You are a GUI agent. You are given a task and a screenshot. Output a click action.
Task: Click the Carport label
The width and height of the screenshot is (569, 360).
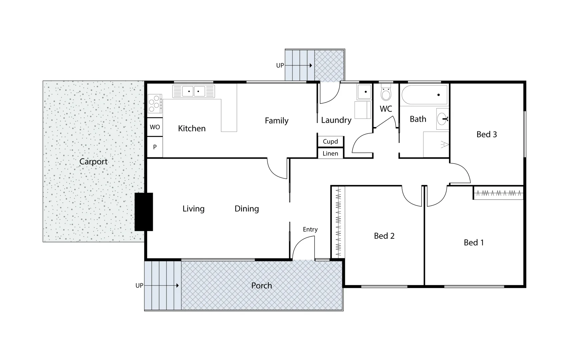pos(93,162)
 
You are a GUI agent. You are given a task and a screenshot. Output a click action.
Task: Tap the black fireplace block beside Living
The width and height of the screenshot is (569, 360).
pos(144,212)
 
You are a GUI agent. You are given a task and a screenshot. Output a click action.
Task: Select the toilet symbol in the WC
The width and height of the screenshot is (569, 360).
pos(386,93)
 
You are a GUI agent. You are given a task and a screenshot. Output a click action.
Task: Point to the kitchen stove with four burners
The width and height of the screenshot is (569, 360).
pos(155,104)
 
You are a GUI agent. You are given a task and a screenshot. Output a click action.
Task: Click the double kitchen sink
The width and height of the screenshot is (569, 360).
pos(193,91)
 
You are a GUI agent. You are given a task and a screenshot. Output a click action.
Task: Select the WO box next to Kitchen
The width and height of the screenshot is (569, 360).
pos(155,127)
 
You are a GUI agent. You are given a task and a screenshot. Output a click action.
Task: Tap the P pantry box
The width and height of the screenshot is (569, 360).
pos(155,147)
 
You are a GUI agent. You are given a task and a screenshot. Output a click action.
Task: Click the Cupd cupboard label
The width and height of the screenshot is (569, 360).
pos(330,141)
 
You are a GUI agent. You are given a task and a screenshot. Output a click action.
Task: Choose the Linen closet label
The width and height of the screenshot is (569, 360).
pos(330,153)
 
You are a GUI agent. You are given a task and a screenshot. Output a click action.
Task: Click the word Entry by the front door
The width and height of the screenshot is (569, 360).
pos(310,229)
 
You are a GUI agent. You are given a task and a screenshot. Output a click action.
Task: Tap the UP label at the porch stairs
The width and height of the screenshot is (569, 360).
pos(139,286)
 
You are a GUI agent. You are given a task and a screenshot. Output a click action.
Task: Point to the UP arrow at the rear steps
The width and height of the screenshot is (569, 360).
pos(299,66)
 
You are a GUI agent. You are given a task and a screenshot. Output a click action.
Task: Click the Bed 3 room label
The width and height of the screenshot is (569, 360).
pos(487,134)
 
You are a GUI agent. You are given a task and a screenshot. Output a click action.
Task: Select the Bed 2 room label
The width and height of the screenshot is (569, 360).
pos(384,236)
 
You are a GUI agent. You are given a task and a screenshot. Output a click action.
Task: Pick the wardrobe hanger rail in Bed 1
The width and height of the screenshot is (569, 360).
pos(498,193)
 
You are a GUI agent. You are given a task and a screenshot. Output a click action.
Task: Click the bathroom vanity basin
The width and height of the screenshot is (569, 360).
pos(443,118)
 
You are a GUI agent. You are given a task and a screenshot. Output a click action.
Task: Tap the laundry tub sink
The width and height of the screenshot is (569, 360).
pos(364,92)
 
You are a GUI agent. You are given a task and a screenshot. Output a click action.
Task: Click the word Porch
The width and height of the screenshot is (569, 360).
pos(261,286)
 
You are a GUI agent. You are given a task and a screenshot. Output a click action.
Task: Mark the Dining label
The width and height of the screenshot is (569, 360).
pos(247,209)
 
